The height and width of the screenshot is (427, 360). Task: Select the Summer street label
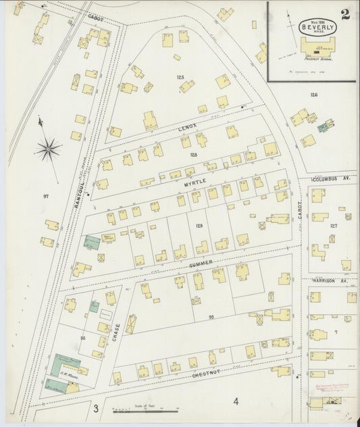(201, 262)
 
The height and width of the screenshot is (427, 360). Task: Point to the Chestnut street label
(208, 374)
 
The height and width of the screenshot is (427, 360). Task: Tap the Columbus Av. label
(331, 180)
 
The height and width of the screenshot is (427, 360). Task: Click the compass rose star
(48, 149)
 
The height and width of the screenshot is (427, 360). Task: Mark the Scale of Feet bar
(144, 409)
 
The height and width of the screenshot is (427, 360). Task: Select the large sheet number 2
(345, 15)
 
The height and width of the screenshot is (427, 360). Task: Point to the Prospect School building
(312, 49)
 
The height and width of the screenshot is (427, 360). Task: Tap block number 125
(180, 78)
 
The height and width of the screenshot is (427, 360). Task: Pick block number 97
(46, 196)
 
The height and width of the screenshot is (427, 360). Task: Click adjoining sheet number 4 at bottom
(236, 402)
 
